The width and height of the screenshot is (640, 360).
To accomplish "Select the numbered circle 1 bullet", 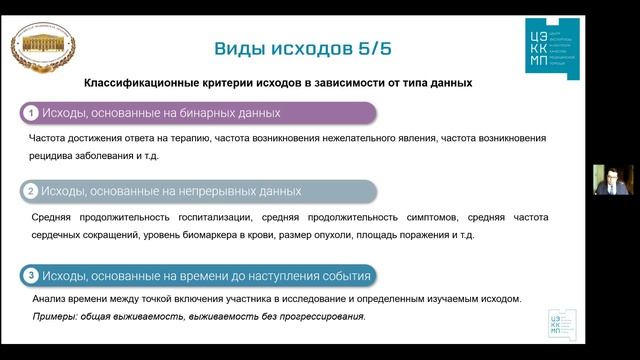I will (32, 113).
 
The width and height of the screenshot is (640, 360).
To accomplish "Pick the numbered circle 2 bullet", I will (32, 191).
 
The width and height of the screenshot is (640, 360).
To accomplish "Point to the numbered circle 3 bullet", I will (32, 276).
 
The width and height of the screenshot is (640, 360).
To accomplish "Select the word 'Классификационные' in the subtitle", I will (142, 82).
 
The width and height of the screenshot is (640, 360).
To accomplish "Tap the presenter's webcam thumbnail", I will (611, 181).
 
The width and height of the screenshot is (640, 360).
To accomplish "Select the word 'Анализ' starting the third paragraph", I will (47, 298).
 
